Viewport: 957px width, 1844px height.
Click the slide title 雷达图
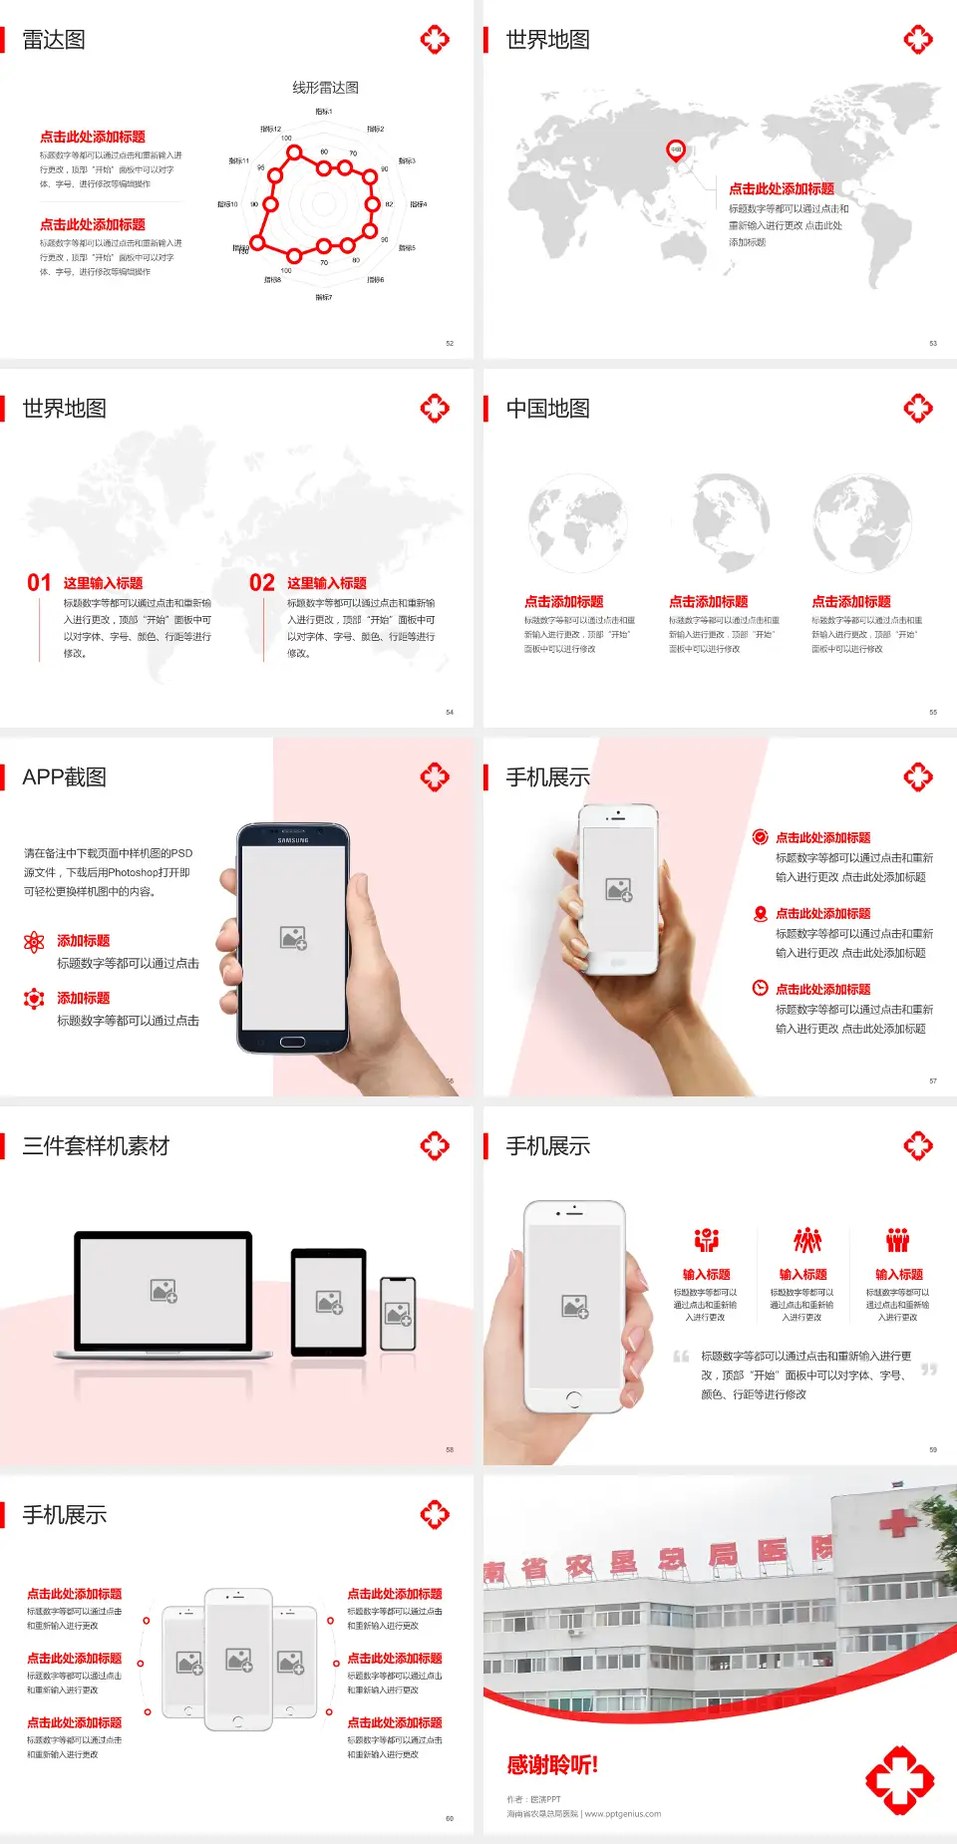tap(54, 40)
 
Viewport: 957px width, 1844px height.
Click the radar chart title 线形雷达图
tap(325, 88)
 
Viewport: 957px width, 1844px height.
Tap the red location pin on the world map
tap(676, 151)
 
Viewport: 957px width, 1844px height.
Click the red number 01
tap(39, 583)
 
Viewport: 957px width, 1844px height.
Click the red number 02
tap(262, 583)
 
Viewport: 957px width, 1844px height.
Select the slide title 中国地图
tap(547, 409)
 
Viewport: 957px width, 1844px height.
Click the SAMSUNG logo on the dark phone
tap(293, 840)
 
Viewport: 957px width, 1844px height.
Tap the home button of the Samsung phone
tap(292, 1042)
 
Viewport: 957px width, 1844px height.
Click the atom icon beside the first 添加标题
tap(34, 942)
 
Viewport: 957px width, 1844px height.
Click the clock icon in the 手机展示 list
tap(760, 988)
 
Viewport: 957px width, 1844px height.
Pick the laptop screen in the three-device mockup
tap(163, 1290)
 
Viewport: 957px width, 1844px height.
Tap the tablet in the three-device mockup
tap(329, 1301)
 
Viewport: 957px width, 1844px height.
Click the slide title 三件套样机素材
tap(96, 1146)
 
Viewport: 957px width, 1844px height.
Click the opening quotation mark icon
tap(681, 1357)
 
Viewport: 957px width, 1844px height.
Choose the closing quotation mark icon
tap(929, 1370)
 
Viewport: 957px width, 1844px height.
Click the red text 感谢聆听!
tap(552, 1765)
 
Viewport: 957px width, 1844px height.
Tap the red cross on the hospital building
tap(898, 1522)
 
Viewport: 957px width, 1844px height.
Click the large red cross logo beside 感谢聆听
tap(899, 1779)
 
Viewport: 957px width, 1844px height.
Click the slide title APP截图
tap(64, 777)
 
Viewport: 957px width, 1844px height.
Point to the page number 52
tap(450, 344)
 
